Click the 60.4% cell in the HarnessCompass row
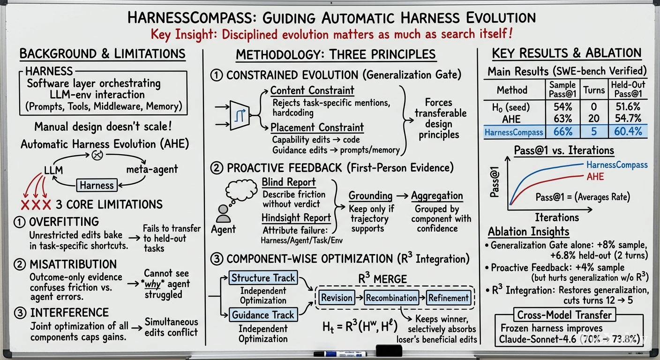click(628, 131)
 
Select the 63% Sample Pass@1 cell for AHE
click(563, 119)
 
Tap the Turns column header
click(594, 90)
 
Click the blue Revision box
click(337, 298)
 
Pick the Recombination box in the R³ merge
click(391, 298)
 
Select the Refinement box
click(448, 298)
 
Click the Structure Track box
click(263, 278)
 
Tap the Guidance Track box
click(263, 315)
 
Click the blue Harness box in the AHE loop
click(97, 185)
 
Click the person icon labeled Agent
click(223, 214)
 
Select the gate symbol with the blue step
click(240, 115)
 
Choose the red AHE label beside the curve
click(595, 176)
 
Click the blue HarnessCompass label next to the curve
click(617, 165)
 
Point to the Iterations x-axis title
click(557, 217)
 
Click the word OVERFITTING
click(64, 222)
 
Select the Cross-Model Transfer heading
click(564, 315)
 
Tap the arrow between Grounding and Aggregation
click(402, 195)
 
